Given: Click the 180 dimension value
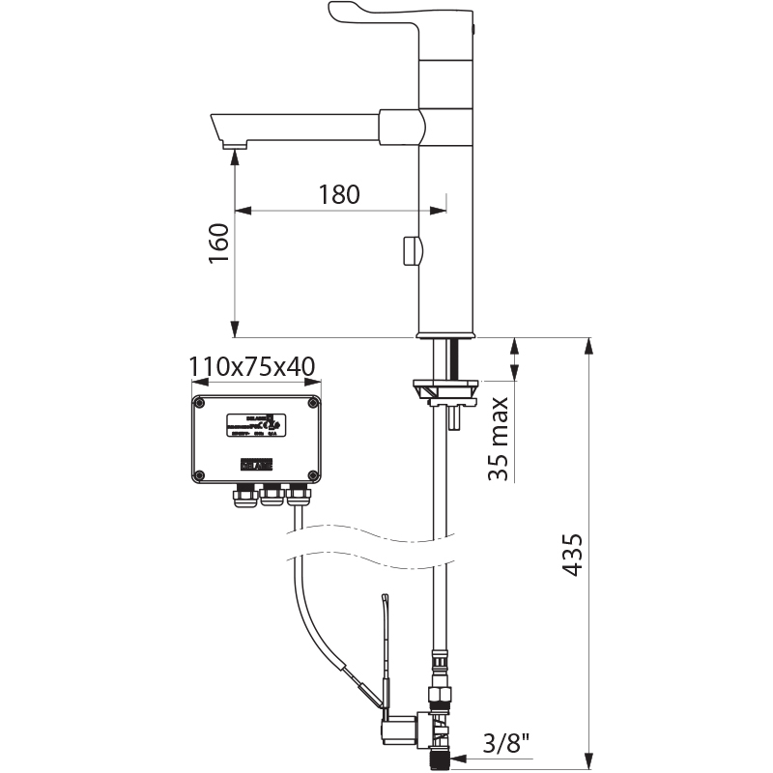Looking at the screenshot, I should click(x=339, y=193).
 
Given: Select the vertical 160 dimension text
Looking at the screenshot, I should click(x=218, y=249).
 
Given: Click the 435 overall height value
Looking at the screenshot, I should click(x=573, y=555).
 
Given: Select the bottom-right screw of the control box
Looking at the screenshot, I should click(x=313, y=474).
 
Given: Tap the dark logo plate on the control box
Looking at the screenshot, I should click(x=255, y=465).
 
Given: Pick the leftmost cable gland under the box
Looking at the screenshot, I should click(x=242, y=497).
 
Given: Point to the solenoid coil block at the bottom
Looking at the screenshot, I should click(x=399, y=726).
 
